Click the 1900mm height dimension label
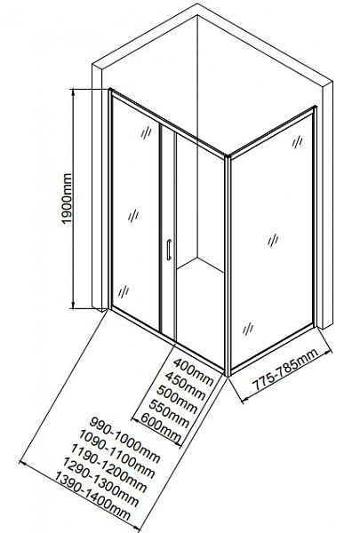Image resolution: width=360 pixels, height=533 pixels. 67,198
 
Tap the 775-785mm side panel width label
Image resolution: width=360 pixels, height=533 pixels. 286,370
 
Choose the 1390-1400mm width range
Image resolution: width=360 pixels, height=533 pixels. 92,497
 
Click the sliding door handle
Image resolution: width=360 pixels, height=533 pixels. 168,250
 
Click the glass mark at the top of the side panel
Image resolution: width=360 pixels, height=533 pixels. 297,142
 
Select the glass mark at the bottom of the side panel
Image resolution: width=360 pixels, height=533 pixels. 248,329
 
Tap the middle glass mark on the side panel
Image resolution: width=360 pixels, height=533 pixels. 273,241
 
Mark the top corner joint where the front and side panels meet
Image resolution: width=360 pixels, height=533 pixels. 227,156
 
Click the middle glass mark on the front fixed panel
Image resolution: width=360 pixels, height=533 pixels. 133,216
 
